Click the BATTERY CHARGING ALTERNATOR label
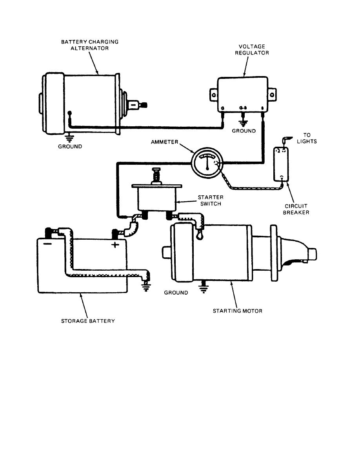90,45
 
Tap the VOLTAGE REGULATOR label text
252,49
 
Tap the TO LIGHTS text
307,138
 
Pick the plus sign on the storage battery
115,245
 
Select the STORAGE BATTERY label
88,321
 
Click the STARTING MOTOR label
237,311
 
